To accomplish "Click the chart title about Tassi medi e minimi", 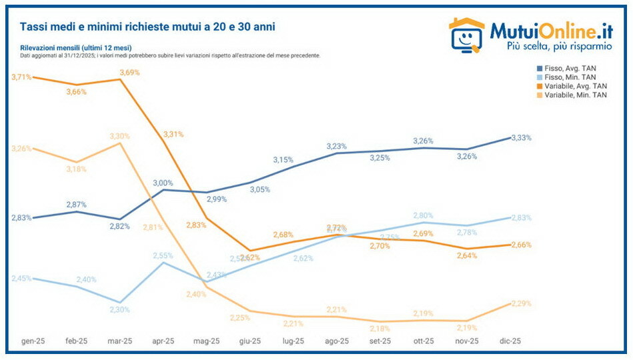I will pyautogui.click(x=147, y=27).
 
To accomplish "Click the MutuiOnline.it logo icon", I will pyautogui.click(x=466, y=34).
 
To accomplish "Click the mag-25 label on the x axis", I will pyautogui.click(x=206, y=341).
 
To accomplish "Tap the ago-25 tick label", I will pyautogui.click(x=336, y=341).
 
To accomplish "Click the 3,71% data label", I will pyautogui.click(x=21, y=77).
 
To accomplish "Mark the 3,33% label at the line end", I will pyautogui.click(x=521, y=137).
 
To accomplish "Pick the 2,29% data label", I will pyautogui.click(x=521, y=303).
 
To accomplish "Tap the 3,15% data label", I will pyautogui.click(x=283, y=159).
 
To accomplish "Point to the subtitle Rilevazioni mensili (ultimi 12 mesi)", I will pyautogui.click(x=75, y=48).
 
